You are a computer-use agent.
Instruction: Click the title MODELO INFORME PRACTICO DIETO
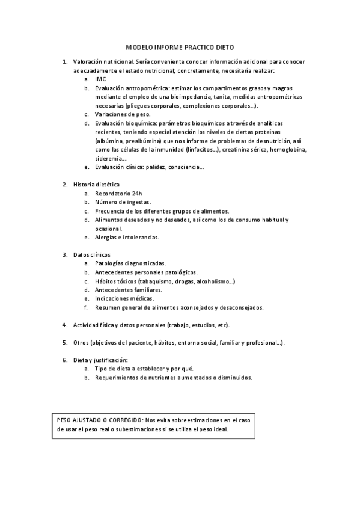point(180,46)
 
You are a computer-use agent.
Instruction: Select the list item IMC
point(100,79)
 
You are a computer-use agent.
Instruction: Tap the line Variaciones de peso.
point(123,114)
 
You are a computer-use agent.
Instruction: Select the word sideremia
point(108,158)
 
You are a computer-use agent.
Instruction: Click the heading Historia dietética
point(96,184)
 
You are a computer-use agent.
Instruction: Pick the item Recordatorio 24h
point(118,193)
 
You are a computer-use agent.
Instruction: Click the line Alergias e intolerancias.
point(126,237)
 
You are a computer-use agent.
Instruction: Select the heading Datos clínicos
point(91,255)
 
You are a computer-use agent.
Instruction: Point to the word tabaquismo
point(157,281)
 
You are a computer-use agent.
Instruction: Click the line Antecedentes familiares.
point(128,290)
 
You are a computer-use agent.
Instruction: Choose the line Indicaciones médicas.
point(124,298)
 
